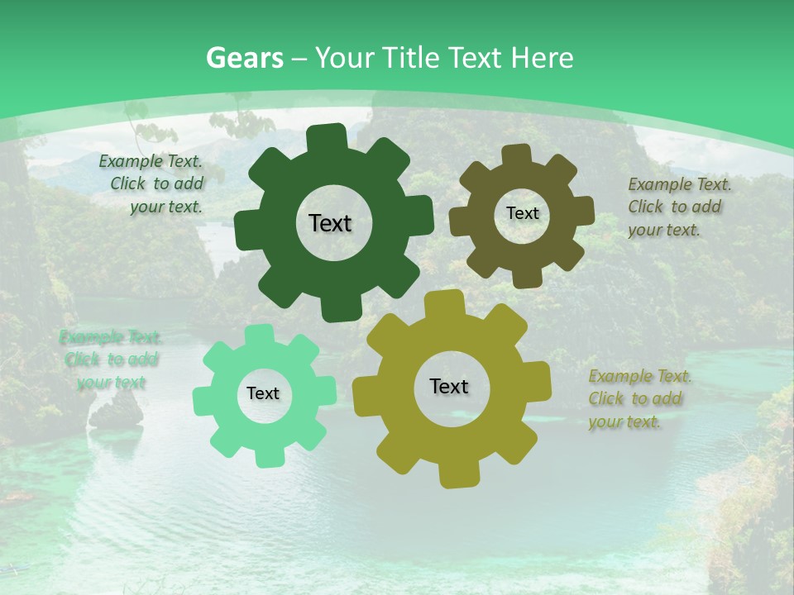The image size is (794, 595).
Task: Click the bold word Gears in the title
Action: [x=244, y=58]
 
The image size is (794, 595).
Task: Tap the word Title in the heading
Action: [x=415, y=58]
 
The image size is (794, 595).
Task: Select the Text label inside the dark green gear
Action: [x=330, y=223]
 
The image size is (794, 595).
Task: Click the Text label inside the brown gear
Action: [x=522, y=213]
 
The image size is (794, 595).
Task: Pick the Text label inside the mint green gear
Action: [x=263, y=393]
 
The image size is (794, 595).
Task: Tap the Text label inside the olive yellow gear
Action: [x=449, y=386]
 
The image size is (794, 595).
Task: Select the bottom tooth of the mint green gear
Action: [x=265, y=457]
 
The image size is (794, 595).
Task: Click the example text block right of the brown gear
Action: [x=679, y=207]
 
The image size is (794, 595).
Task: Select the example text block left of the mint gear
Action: [x=110, y=359]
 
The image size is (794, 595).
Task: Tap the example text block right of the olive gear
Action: [x=640, y=399]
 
